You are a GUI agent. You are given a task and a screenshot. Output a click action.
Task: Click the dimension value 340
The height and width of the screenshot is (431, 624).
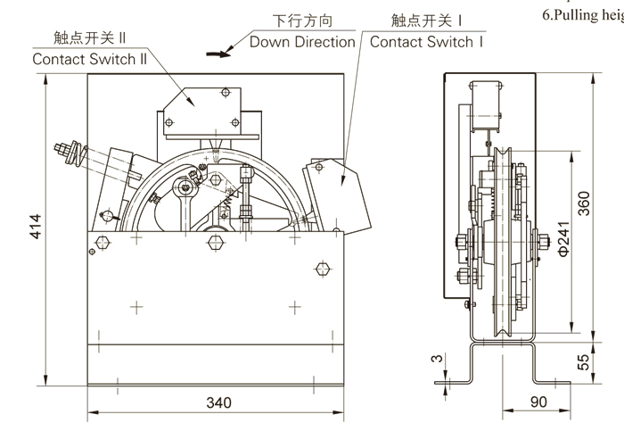pyautogui.click(x=218, y=402)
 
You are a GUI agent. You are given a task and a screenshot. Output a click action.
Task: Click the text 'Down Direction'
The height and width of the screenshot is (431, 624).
pyautogui.click(x=302, y=42)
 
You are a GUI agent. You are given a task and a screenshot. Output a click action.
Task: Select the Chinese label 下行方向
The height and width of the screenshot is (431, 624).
pyautogui.click(x=301, y=20)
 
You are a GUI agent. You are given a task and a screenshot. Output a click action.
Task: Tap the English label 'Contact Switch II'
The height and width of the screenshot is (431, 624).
pyautogui.click(x=89, y=60)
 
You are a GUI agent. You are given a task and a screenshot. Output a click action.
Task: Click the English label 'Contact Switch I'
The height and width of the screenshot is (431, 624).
pyautogui.click(x=426, y=42)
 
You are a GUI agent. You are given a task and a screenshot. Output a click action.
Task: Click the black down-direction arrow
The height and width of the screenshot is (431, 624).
pyautogui.click(x=217, y=53)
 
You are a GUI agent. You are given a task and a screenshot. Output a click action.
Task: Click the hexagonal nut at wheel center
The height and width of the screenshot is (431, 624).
pyautogui.click(x=214, y=242)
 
